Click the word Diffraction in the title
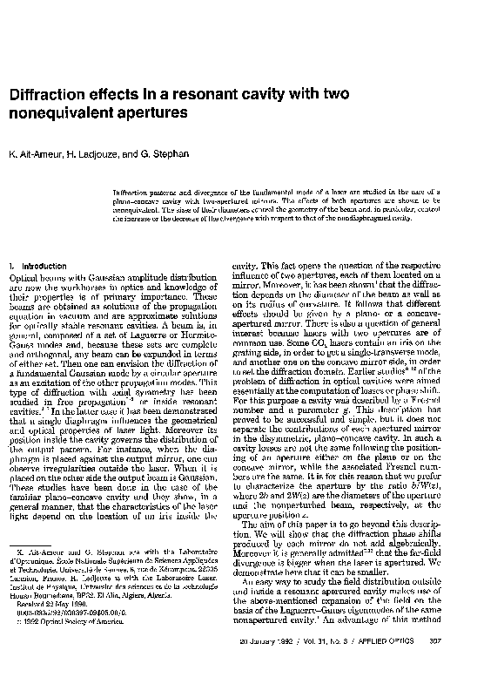pyautogui.click(x=50, y=94)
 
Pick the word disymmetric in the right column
pyautogui.click(x=290, y=466)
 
